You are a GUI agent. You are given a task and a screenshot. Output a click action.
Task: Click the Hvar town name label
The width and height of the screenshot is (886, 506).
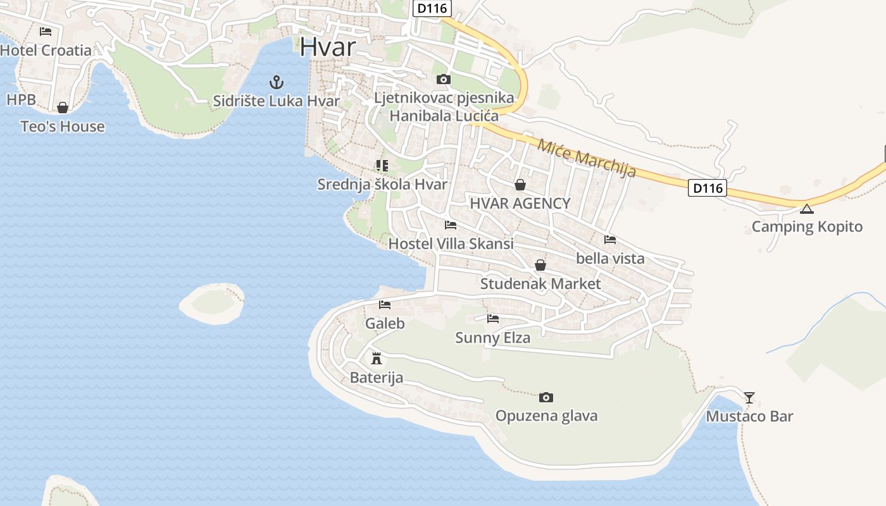[328, 47]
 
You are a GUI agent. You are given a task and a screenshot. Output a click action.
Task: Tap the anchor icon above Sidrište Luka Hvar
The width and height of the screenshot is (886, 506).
[276, 82]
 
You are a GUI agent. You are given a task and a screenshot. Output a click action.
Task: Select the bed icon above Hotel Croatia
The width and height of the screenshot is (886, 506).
[45, 31]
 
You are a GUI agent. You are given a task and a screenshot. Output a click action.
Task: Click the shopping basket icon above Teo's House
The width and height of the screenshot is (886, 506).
[62, 108]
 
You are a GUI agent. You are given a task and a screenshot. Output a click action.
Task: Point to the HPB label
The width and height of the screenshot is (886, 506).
[21, 99]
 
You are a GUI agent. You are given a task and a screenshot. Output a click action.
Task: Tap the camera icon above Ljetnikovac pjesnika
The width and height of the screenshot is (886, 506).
[444, 79]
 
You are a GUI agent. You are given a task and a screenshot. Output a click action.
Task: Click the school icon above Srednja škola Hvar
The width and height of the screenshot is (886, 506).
[382, 166]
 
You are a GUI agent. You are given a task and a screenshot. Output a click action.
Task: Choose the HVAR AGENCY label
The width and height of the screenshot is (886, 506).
[520, 203]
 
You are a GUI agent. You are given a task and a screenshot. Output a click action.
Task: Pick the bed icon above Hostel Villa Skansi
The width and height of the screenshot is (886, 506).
[451, 225]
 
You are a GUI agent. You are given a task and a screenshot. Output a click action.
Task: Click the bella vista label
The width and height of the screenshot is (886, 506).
[610, 258]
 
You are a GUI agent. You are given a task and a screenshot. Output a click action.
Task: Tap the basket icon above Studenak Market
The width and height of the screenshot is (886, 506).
[540, 265]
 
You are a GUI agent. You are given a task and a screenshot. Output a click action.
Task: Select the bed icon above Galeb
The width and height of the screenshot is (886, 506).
[384, 305]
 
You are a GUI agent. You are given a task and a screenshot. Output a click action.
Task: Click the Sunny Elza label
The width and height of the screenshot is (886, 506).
[492, 338]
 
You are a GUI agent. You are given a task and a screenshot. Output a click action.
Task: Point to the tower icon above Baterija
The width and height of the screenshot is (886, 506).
[377, 359]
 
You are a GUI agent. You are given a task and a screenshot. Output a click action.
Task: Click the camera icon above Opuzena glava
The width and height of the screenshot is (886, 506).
[546, 397]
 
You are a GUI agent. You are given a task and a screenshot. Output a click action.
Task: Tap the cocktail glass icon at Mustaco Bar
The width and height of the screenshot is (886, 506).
[749, 397]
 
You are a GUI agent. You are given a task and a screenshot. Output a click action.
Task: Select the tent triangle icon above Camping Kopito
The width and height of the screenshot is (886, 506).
[806, 209]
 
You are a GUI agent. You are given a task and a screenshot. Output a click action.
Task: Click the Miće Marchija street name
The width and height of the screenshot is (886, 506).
[586, 157]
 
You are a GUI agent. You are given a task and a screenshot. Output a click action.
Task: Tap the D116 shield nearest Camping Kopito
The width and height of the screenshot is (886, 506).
[707, 188]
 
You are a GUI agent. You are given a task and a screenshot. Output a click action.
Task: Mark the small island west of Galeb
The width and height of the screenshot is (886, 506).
[212, 304]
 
